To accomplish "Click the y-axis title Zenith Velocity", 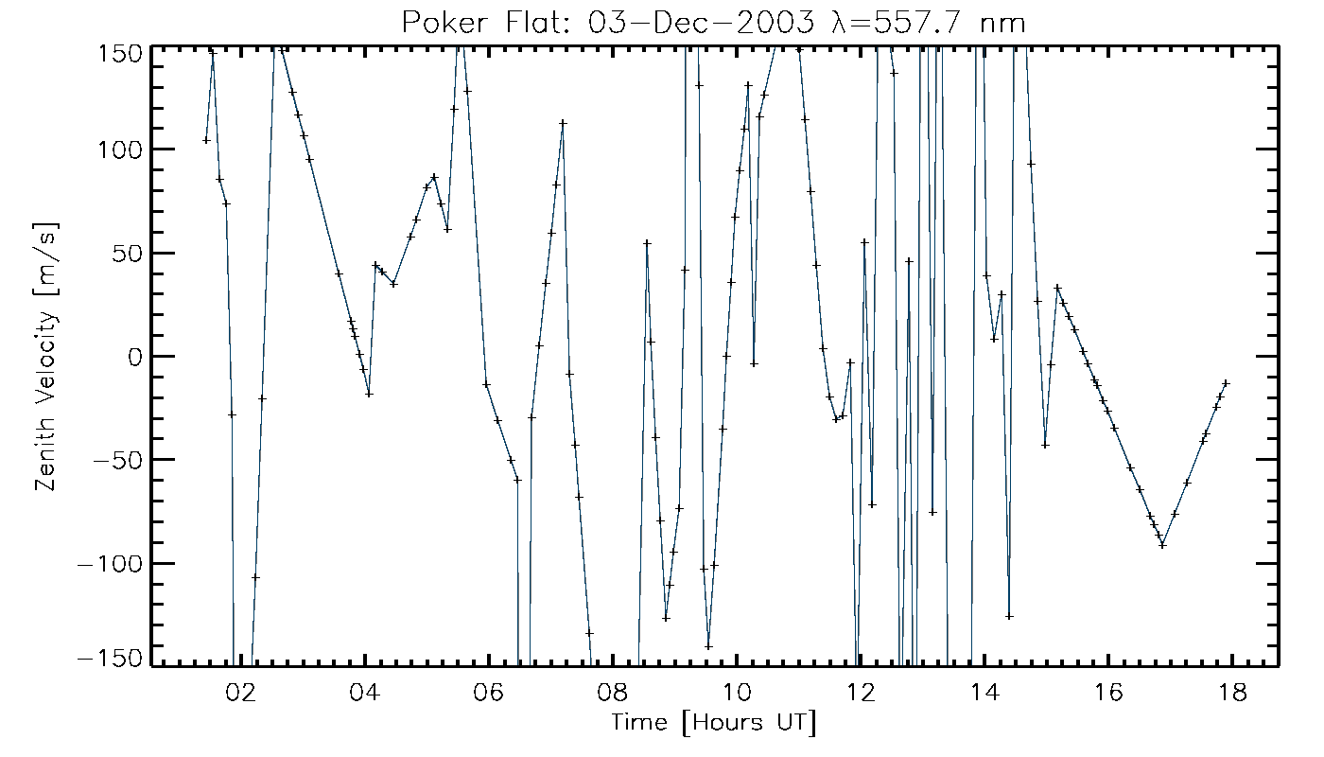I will pos(44,356).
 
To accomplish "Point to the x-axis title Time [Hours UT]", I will pos(714,724).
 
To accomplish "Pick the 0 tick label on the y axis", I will pos(133,357).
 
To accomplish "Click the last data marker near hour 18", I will pos(1226,383).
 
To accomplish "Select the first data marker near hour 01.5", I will pos(206,140).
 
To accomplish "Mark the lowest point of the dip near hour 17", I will pos(1162,544).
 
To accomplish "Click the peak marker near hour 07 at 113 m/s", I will pos(563,123).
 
